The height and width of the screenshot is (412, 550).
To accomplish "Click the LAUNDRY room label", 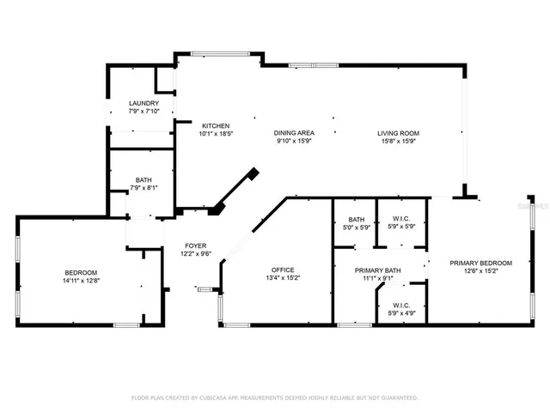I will (144, 103).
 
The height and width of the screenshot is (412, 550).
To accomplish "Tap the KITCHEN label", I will (215, 126).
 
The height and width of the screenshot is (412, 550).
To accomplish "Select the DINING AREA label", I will (294, 133).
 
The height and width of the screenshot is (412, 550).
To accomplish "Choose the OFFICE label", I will (283, 270).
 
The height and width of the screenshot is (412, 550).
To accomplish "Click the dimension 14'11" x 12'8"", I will (80, 280).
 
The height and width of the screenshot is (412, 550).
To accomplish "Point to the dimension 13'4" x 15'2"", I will (283, 278).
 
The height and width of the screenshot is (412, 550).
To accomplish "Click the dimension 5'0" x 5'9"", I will (357, 227).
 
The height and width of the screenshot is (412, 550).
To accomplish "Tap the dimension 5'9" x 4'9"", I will (401, 312).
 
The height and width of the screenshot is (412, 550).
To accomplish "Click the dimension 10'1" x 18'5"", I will (216, 134).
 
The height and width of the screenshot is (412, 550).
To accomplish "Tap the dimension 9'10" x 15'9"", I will (294, 141).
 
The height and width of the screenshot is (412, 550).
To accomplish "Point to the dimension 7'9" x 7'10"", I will (144, 111).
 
